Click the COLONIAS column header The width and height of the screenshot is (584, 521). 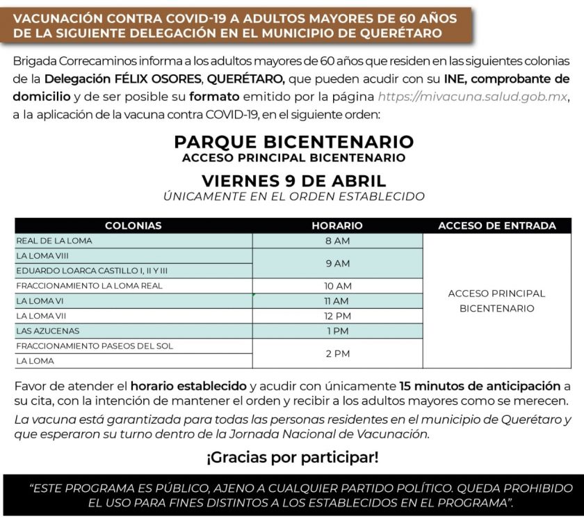click(133, 225)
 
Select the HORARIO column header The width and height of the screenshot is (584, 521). click(337, 225)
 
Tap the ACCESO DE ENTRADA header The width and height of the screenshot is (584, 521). click(496, 225)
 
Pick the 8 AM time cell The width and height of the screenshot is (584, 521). click(337, 241)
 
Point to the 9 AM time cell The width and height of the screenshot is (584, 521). click(337, 264)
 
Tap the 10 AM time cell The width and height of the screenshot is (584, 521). click(337, 286)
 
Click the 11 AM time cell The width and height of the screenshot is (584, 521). click(337, 301)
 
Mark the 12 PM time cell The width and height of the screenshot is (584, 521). click(337, 316)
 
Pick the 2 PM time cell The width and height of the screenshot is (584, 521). click(337, 353)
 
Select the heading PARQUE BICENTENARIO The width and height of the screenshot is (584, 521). click(293, 142)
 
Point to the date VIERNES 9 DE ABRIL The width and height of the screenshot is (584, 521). click(293, 180)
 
